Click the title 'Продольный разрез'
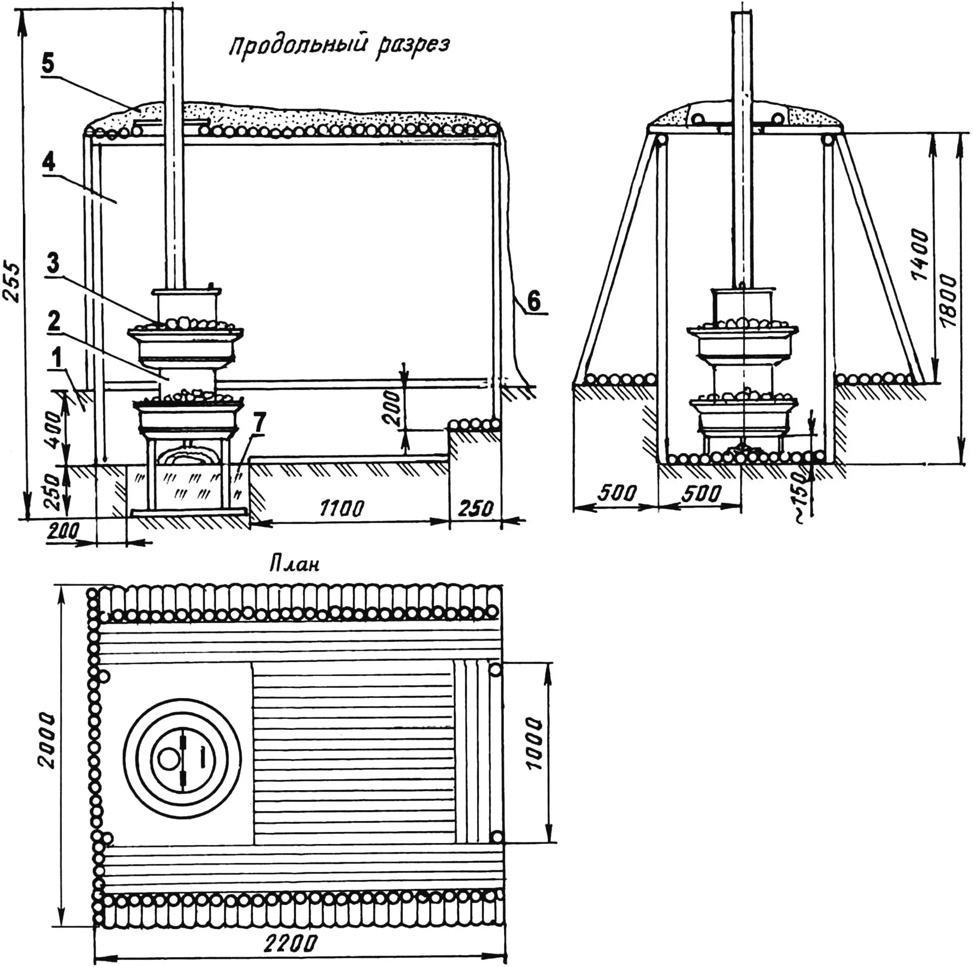(x=339, y=46)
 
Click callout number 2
(x=53, y=320)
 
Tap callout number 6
(x=533, y=301)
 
